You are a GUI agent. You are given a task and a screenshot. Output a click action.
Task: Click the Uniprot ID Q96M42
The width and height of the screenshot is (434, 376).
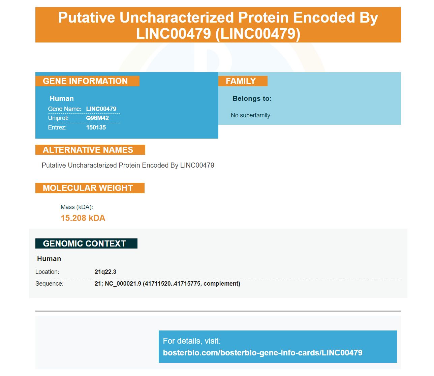click(x=97, y=118)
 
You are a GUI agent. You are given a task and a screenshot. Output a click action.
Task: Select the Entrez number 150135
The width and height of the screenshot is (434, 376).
click(x=96, y=127)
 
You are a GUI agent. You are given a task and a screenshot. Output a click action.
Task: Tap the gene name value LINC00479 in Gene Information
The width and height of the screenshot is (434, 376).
click(x=101, y=109)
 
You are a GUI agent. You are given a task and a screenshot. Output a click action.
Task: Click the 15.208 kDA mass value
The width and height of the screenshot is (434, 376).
click(x=83, y=218)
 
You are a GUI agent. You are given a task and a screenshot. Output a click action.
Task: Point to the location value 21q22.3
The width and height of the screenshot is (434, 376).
click(x=105, y=272)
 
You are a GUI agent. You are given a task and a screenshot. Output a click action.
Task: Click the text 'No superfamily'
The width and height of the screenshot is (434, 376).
click(x=250, y=115)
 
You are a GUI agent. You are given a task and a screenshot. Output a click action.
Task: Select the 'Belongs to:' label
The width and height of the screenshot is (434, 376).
click(x=252, y=98)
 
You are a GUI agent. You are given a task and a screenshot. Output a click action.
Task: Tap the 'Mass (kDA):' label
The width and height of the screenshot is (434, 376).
click(x=76, y=207)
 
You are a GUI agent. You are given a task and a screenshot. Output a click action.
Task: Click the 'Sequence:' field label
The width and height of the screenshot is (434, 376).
click(x=49, y=284)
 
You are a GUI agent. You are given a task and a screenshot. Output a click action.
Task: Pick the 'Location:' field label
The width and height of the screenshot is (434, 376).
click(x=47, y=272)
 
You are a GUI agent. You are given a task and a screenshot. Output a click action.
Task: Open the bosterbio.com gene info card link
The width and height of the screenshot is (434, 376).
click(x=263, y=353)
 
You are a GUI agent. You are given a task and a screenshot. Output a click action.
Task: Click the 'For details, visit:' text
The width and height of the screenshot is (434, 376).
click(x=192, y=341)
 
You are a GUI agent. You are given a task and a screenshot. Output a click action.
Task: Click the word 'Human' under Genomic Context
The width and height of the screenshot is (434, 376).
click(x=49, y=259)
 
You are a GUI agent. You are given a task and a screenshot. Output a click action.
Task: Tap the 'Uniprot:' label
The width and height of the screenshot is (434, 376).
click(x=58, y=118)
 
